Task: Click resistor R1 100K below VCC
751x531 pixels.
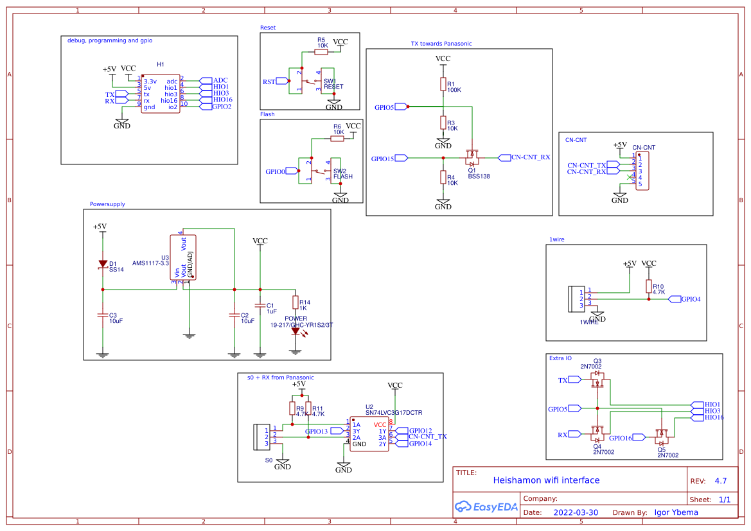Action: (x=443, y=84)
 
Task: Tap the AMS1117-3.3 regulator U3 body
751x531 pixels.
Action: (x=183, y=257)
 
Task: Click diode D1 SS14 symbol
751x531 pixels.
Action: (x=102, y=263)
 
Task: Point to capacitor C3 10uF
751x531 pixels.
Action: (x=102, y=315)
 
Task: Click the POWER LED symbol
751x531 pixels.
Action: (x=296, y=331)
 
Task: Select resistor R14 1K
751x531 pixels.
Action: (x=296, y=302)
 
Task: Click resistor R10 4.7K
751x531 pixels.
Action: (x=649, y=286)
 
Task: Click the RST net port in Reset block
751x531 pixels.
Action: (x=270, y=82)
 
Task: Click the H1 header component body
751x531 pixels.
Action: (x=160, y=94)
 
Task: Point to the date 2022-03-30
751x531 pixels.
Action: (x=576, y=512)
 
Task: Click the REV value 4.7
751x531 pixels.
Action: (x=721, y=481)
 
